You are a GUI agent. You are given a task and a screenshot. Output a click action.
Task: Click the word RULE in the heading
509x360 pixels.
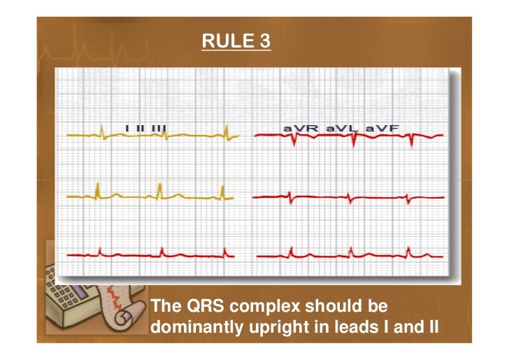click(x=218, y=43)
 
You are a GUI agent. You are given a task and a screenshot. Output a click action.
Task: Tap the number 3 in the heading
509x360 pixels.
click(x=262, y=43)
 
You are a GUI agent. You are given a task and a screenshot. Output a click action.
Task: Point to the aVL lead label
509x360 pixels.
click(x=340, y=128)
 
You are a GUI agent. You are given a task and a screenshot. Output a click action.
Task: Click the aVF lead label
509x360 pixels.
click(x=380, y=128)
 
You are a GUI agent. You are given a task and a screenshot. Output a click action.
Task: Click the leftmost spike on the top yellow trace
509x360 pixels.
click(x=101, y=130)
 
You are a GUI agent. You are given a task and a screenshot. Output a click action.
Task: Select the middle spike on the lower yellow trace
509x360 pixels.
click(x=160, y=189)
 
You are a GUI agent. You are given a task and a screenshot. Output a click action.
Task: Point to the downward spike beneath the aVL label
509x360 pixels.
click(x=354, y=140)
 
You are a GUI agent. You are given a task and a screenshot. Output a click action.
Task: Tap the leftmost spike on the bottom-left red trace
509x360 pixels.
click(x=101, y=250)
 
